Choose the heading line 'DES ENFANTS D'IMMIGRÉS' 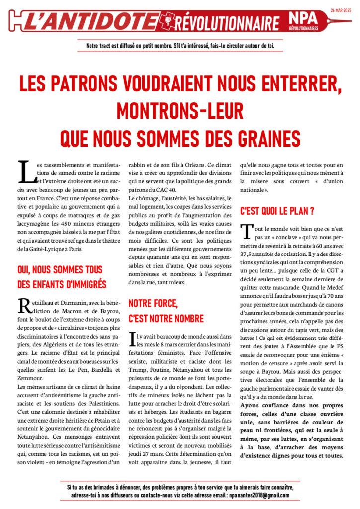(62, 284)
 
